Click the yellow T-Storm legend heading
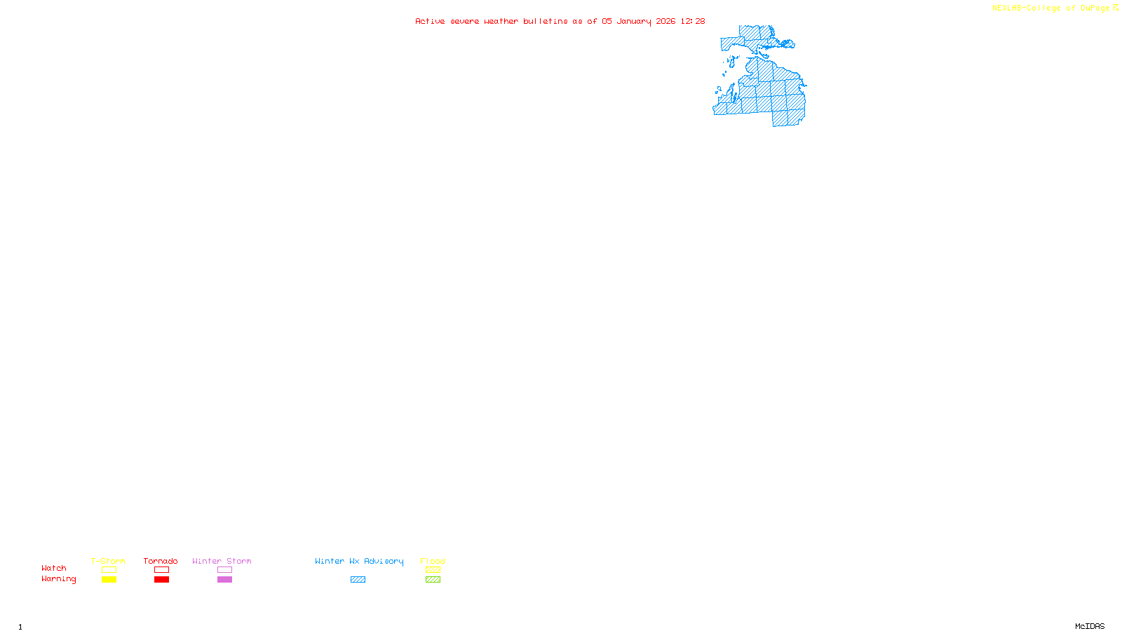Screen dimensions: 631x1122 tap(108, 561)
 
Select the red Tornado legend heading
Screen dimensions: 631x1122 tap(161, 561)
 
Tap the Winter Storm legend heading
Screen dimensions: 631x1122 tap(222, 561)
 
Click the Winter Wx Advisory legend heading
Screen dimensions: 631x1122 tap(359, 561)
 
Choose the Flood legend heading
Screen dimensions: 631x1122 tap(433, 561)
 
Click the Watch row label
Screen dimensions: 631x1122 tap(54, 568)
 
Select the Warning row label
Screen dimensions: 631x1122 tap(59, 579)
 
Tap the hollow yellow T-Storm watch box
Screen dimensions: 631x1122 tap(109, 570)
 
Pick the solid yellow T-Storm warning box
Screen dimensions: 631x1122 tap(109, 580)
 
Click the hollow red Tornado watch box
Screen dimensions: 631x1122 tap(161, 570)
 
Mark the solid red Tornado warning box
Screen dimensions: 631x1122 tap(161, 580)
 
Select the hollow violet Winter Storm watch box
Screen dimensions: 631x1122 tap(224, 570)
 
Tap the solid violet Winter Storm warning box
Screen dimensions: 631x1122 tap(224, 580)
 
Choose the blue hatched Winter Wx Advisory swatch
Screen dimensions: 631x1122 tap(358, 580)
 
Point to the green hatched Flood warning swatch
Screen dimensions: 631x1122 tap(433, 580)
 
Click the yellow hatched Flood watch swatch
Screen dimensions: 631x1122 tap(433, 570)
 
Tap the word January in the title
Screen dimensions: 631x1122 tap(634, 21)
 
